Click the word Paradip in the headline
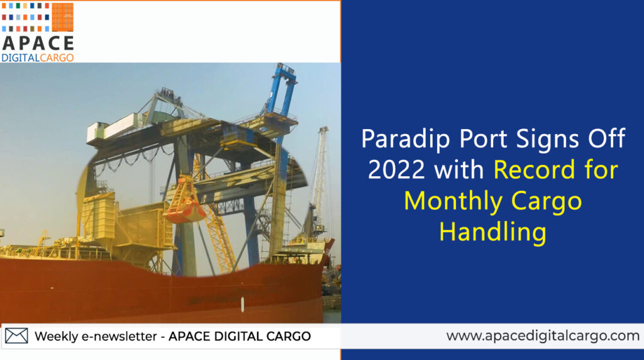(406, 138)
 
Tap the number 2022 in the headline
(396, 169)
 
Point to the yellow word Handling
(493, 232)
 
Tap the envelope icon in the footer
(16, 335)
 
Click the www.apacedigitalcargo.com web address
(543, 335)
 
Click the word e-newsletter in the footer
(119, 336)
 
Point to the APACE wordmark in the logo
(38, 43)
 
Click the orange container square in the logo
(62, 17)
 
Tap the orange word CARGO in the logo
(57, 57)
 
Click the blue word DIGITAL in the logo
(21, 57)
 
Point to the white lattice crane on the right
(317, 181)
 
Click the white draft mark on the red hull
(242, 304)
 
